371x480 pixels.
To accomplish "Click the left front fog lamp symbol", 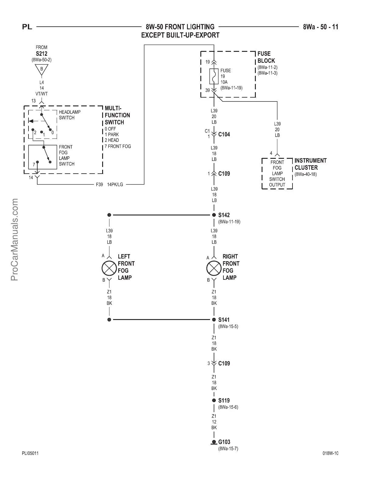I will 109,268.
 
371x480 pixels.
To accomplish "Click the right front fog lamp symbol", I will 214,268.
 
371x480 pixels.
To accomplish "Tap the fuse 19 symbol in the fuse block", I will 214,76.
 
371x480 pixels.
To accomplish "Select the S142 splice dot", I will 214,215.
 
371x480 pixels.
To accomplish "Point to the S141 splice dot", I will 214,319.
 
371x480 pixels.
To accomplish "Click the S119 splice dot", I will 214,400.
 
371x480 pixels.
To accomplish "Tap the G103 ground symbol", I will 214,442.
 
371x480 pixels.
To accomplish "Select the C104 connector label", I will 224,134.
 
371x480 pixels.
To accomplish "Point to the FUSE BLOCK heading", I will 266,57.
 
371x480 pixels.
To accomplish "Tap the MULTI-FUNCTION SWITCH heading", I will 117,115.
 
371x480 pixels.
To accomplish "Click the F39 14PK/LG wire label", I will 109,184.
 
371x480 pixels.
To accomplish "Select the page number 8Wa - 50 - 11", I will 320,27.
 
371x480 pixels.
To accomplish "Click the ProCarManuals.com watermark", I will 14,239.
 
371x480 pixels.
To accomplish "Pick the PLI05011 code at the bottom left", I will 30,453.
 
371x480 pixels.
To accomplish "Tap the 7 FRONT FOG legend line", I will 118,146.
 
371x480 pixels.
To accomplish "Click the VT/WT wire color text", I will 42,94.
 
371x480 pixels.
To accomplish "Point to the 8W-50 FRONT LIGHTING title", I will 180,27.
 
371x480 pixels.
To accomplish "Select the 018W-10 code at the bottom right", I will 330,453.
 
